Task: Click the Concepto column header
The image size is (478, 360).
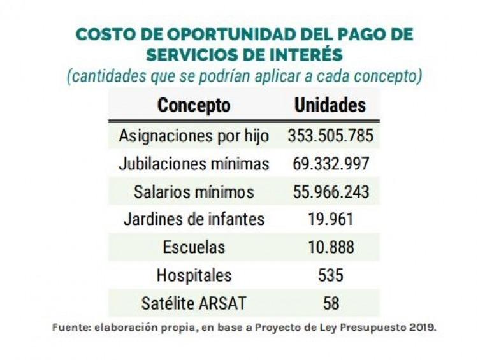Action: click(194, 105)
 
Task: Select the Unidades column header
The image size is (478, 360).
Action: click(330, 105)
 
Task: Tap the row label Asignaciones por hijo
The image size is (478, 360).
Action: click(194, 136)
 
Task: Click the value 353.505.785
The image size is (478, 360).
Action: click(330, 136)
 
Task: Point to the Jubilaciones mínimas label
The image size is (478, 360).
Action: click(194, 164)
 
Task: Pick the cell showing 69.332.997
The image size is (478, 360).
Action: click(330, 164)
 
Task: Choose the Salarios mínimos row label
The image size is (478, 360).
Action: click(194, 192)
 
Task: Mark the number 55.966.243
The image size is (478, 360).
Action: click(330, 192)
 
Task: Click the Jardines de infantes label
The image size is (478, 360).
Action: click(194, 219)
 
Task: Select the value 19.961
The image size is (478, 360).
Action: click(330, 219)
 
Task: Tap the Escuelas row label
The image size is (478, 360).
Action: click(194, 247)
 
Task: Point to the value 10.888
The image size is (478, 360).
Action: click(330, 247)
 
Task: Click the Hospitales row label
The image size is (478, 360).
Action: click(194, 275)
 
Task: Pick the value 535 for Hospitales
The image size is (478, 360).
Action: click(330, 275)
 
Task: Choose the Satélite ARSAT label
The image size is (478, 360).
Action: click(194, 303)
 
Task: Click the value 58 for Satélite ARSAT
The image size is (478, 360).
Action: click(330, 303)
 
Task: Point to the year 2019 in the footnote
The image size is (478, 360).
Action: click(421, 328)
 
